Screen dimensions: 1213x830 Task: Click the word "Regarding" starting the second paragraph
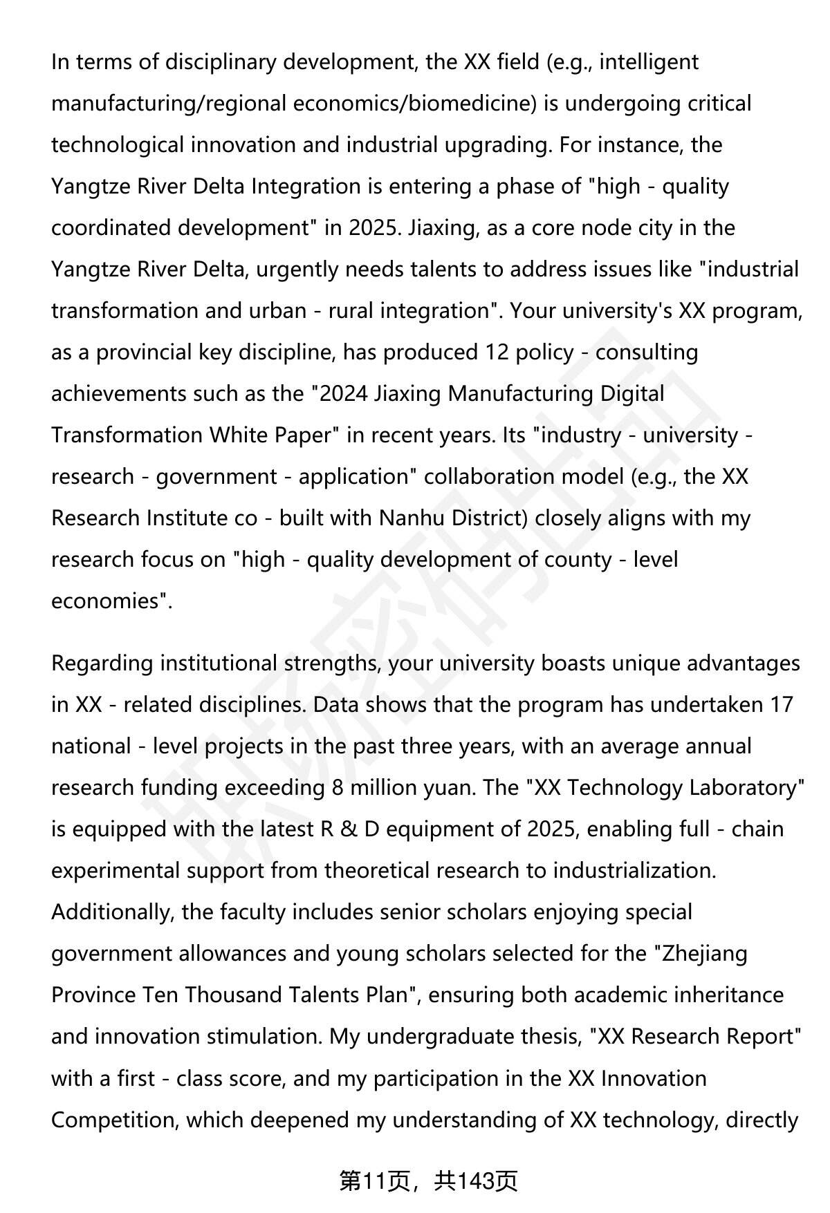tap(102, 664)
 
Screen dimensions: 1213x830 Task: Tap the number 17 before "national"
tap(781, 705)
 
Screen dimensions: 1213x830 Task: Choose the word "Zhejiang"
tap(705, 954)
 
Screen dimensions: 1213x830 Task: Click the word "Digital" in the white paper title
tap(632, 394)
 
